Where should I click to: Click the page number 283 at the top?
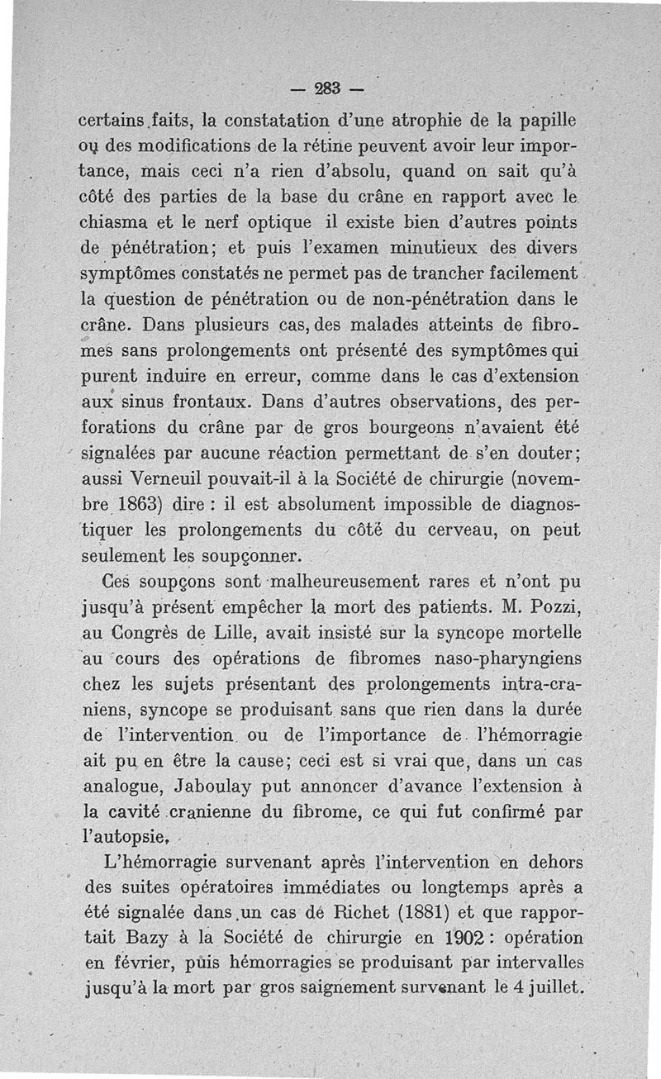pyautogui.click(x=330, y=87)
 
